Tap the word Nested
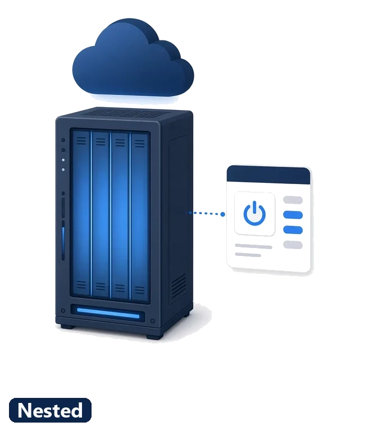tap(50, 410)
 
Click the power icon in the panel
tap(254, 213)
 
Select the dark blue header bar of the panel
tap(268, 175)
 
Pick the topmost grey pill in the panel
tap(293, 200)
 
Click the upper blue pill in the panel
tap(293, 215)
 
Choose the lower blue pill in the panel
tap(293, 230)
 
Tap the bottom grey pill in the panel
tap(293, 245)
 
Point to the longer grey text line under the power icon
tap(253, 246)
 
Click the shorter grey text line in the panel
tap(248, 255)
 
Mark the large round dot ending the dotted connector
tap(222, 214)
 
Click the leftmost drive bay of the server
tap(81, 215)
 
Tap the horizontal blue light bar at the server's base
tap(108, 313)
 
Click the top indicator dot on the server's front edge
tap(63, 140)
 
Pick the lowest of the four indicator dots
tap(63, 170)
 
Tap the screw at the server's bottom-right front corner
tap(153, 321)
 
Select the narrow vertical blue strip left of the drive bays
tap(63, 241)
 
